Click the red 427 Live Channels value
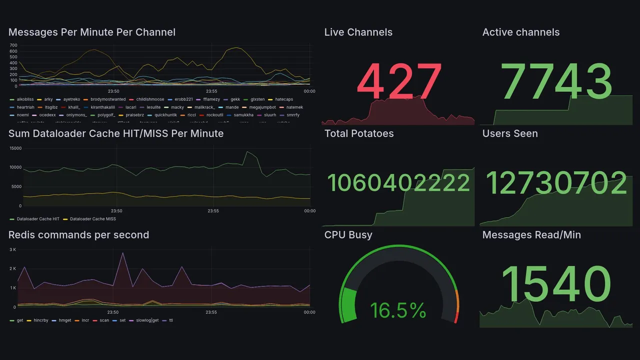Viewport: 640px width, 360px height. [x=399, y=82]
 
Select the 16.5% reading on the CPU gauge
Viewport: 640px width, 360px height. [x=398, y=310]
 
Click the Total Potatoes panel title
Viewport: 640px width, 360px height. [x=359, y=133]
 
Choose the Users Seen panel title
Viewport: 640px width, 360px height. [x=510, y=133]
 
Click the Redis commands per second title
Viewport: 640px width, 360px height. [x=78, y=235]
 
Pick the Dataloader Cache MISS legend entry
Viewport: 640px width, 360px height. [x=92, y=219]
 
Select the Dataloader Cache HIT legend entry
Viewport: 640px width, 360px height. [x=38, y=219]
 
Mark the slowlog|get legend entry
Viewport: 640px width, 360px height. [x=147, y=320]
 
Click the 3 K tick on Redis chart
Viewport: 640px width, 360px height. [x=13, y=249]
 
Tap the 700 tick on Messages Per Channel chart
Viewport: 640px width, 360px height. [x=13, y=45]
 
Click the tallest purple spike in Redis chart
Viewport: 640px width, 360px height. [x=123, y=253]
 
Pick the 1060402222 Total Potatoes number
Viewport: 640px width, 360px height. [x=398, y=183]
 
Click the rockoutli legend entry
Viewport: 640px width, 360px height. [x=214, y=115]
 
